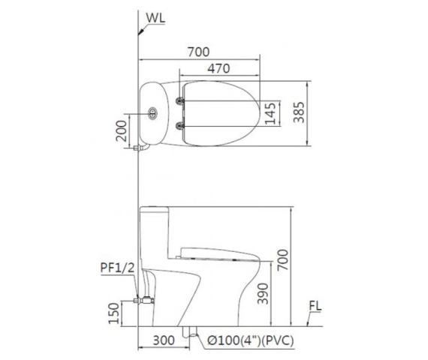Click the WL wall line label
click(155, 18)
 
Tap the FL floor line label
click(315, 306)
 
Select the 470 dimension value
click(219, 68)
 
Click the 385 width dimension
click(299, 112)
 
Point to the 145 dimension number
click(270, 113)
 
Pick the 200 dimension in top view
click(122, 130)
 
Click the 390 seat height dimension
click(263, 293)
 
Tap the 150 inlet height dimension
click(114, 313)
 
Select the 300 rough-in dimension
click(164, 340)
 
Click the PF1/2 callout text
click(117, 268)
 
